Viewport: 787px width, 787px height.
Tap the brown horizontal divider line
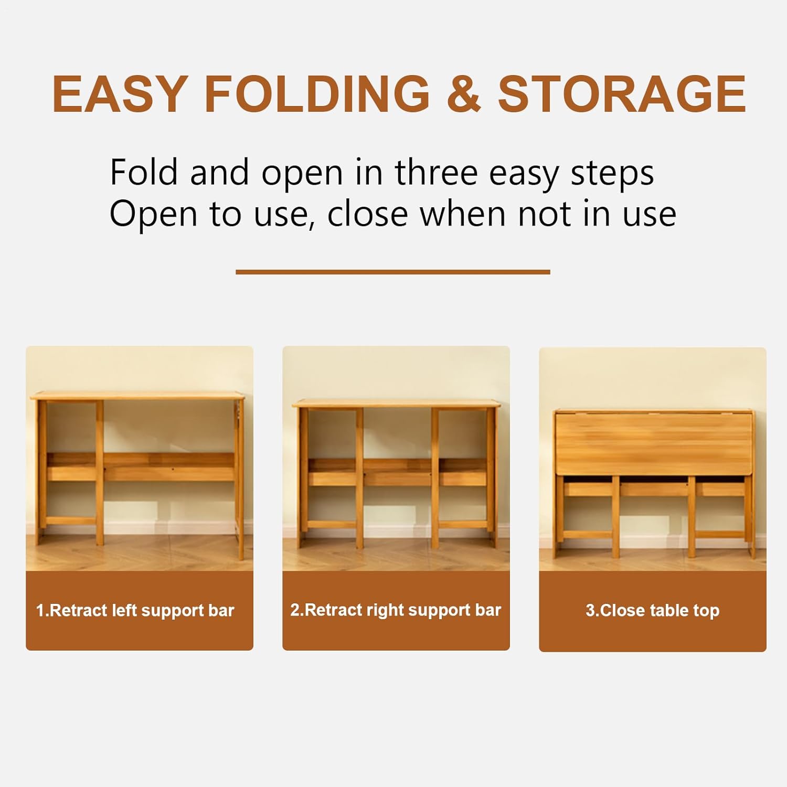[x=393, y=272]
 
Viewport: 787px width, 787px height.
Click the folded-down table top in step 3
[x=654, y=444]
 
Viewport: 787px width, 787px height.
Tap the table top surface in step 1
[x=137, y=397]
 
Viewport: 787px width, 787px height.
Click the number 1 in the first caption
[x=39, y=611]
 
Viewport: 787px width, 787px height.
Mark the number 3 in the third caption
[x=590, y=611]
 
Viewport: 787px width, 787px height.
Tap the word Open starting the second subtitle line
[x=154, y=215]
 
